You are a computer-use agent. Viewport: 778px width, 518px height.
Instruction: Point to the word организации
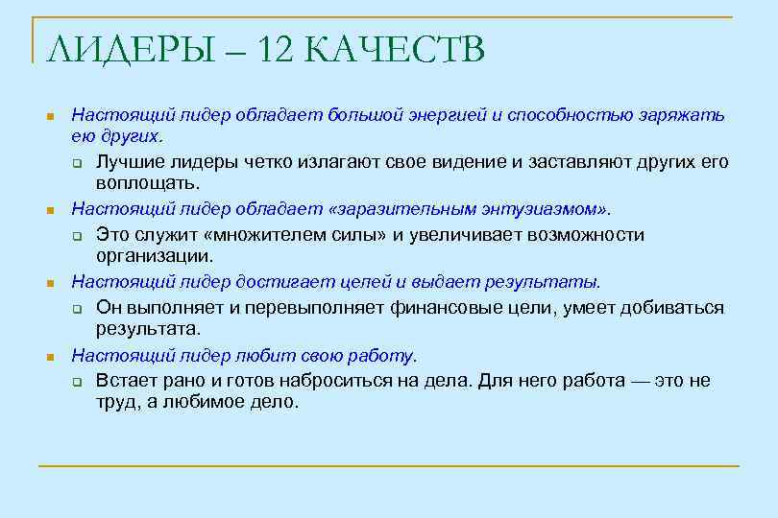153,256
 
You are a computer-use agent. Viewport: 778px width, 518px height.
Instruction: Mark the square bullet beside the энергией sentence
51,116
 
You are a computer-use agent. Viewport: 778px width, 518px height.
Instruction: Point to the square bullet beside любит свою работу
51,357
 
